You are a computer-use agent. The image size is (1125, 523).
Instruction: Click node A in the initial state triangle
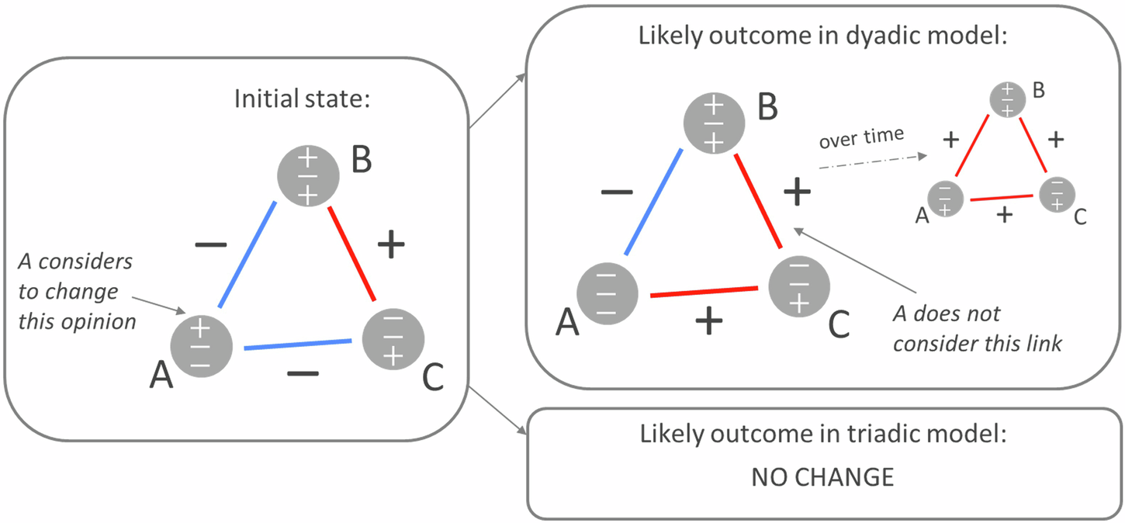point(200,347)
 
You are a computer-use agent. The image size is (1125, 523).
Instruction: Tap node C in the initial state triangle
point(394,339)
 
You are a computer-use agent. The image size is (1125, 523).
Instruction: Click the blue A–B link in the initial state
point(247,255)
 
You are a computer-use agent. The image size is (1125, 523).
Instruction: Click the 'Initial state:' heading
point(301,99)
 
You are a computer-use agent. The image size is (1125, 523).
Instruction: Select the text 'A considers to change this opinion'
point(76,291)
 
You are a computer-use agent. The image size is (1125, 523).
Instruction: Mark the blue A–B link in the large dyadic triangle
point(653,201)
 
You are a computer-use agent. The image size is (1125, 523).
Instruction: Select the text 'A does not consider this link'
point(976,328)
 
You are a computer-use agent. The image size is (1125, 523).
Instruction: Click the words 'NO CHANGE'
point(822,476)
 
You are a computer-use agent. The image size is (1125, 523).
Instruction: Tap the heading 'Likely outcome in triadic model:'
point(822,434)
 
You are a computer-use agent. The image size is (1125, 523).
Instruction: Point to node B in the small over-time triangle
point(1007,99)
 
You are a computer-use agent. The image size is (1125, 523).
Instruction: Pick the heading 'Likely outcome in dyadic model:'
point(822,36)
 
